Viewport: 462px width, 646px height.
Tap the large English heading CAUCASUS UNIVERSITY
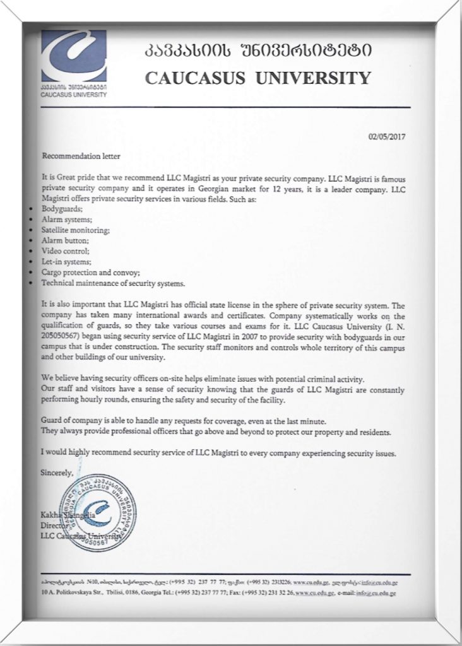(258, 78)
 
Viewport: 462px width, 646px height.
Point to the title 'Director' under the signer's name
(52, 524)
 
